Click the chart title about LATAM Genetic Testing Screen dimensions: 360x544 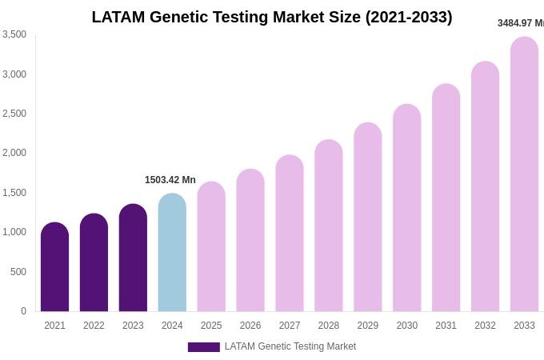[x=272, y=17]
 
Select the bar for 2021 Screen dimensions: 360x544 [x=54, y=268]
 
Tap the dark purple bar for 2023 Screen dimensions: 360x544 [x=133, y=258]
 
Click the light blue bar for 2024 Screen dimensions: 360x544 [x=172, y=254]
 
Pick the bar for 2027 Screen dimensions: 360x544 [x=290, y=234]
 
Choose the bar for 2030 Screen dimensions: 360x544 [x=407, y=209]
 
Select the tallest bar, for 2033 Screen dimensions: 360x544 [x=524, y=175]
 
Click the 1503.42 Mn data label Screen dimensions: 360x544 [x=170, y=180]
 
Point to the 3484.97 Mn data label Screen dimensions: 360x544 [x=520, y=23]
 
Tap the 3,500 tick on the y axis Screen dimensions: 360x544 [x=14, y=34]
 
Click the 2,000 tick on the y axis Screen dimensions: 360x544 [x=14, y=153]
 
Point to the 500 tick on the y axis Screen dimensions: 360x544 [x=18, y=272]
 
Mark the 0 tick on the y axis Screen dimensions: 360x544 [x=23, y=311]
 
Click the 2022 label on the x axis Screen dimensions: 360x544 [x=94, y=326]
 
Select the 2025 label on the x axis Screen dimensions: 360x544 [x=211, y=326]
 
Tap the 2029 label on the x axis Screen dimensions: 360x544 [x=368, y=326]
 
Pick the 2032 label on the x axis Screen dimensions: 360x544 [x=485, y=326]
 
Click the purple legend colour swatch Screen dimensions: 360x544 [x=203, y=347]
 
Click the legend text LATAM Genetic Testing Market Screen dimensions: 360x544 [x=290, y=346]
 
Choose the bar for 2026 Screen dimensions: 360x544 [x=250, y=241]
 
